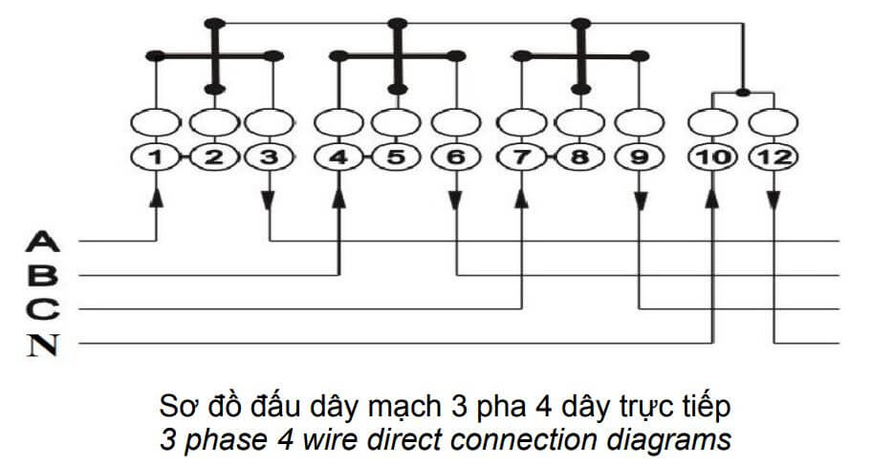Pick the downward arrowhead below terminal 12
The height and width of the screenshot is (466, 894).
tap(774, 201)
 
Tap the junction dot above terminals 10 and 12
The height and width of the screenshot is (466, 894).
tap(743, 93)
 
